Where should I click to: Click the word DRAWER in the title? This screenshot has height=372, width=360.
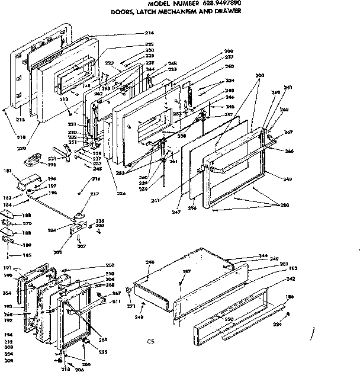(x=226, y=11)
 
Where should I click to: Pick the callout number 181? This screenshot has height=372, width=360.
(x=8, y=171)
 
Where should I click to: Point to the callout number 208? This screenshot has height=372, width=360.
(x=110, y=265)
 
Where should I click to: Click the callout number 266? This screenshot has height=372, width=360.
(x=290, y=151)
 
